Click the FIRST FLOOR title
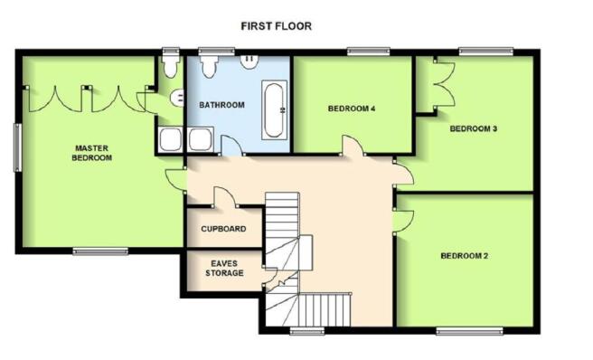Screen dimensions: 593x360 pyautogui.click(x=276, y=26)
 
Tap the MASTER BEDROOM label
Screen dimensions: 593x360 pyautogui.click(x=92, y=153)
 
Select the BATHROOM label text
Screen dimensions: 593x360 pyautogui.click(x=222, y=105)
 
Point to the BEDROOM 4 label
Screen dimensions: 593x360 pyautogui.click(x=352, y=109)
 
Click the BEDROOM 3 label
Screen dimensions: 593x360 pyautogui.click(x=474, y=128)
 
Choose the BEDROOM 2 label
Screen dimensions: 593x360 pyautogui.click(x=465, y=256)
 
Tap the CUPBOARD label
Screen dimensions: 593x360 pyautogui.click(x=223, y=229)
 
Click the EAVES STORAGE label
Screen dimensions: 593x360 pyautogui.click(x=224, y=268)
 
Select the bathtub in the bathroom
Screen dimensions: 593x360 pyautogui.click(x=274, y=109)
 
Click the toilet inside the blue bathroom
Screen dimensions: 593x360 pyautogui.click(x=209, y=66)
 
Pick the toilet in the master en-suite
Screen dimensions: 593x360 pyautogui.click(x=171, y=65)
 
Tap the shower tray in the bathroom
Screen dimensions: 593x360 pyautogui.click(x=200, y=139)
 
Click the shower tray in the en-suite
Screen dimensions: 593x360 pyautogui.click(x=171, y=139)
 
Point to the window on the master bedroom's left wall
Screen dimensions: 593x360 pyautogui.click(x=18, y=147)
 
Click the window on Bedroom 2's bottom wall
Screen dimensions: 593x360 pyautogui.click(x=469, y=331)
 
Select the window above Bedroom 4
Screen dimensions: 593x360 pyautogui.click(x=368, y=51)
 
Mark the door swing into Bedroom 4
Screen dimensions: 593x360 pyautogui.click(x=354, y=144)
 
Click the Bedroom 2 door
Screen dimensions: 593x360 pyautogui.click(x=403, y=222)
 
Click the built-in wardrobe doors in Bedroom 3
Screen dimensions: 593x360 pyautogui.click(x=445, y=84)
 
